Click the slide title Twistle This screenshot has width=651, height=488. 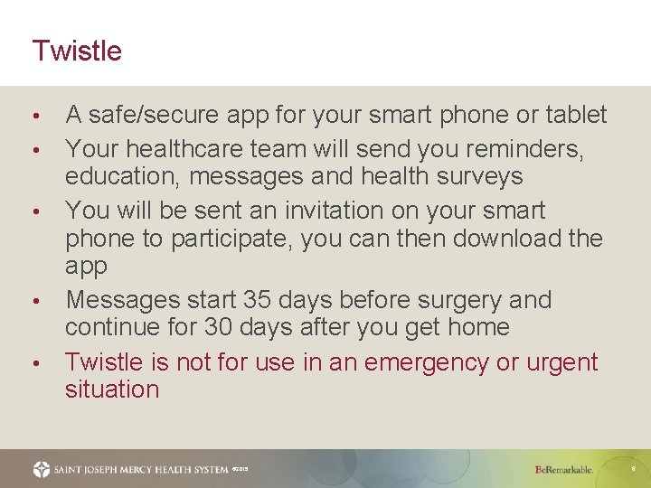[x=77, y=51]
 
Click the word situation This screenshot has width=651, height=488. [x=112, y=390]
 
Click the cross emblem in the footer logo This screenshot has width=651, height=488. [x=42, y=469]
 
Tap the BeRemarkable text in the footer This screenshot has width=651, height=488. [x=564, y=470]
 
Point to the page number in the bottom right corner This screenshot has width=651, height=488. [x=634, y=470]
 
